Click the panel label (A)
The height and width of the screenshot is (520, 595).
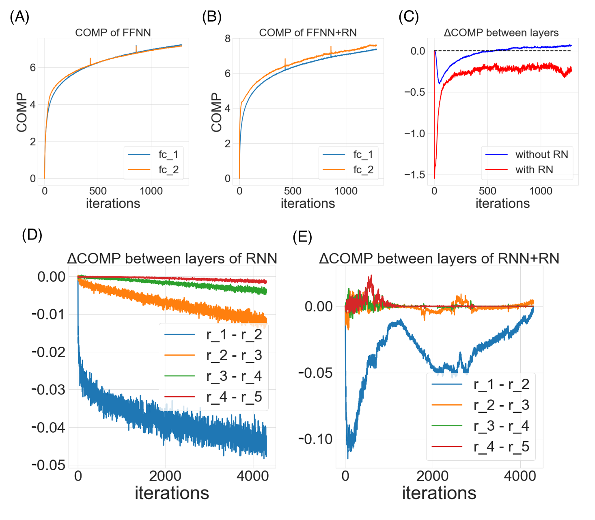[x=19, y=17]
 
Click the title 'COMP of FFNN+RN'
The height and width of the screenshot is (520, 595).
[x=308, y=32]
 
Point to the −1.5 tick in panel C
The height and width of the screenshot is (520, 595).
[x=414, y=175]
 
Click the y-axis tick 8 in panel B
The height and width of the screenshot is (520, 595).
[x=228, y=39]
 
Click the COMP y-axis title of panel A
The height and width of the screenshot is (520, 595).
[x=22, y=112]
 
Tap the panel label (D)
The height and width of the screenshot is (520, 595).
[x=32, y=235]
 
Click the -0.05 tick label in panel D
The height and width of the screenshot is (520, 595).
[x=48, y=465]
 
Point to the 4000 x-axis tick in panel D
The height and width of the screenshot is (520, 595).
[x=252, y=476]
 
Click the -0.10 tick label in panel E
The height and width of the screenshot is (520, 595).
[x=315, y=439]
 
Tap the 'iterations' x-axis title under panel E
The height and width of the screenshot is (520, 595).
[x=439, y=493]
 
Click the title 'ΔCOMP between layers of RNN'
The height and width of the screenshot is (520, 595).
[x=172, y=259]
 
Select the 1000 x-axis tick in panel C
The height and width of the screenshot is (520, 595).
[x=541, y=191]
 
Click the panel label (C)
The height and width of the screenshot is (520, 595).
[x=409, y=17]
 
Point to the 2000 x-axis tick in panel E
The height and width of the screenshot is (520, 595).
[x=432, y=476]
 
